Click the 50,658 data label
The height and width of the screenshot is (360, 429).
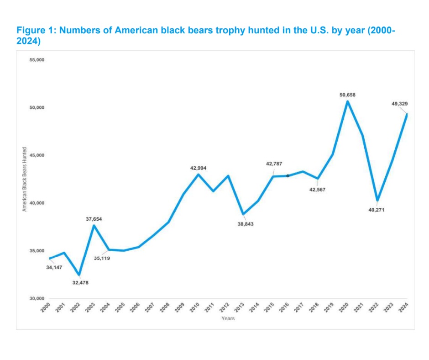click(347, 95)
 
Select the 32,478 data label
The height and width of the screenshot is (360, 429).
click(80, 283)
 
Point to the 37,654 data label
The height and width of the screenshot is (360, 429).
click(94, 219)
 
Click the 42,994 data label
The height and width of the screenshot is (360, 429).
click(198, 168)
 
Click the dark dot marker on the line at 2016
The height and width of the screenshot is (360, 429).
click(288, 175)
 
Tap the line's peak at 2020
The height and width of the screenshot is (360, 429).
click(347, 101)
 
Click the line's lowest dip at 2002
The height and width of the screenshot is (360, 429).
click(79, 275)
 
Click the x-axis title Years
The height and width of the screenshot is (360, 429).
click(228, 318)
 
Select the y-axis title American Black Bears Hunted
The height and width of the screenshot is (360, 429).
click(25, 179)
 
